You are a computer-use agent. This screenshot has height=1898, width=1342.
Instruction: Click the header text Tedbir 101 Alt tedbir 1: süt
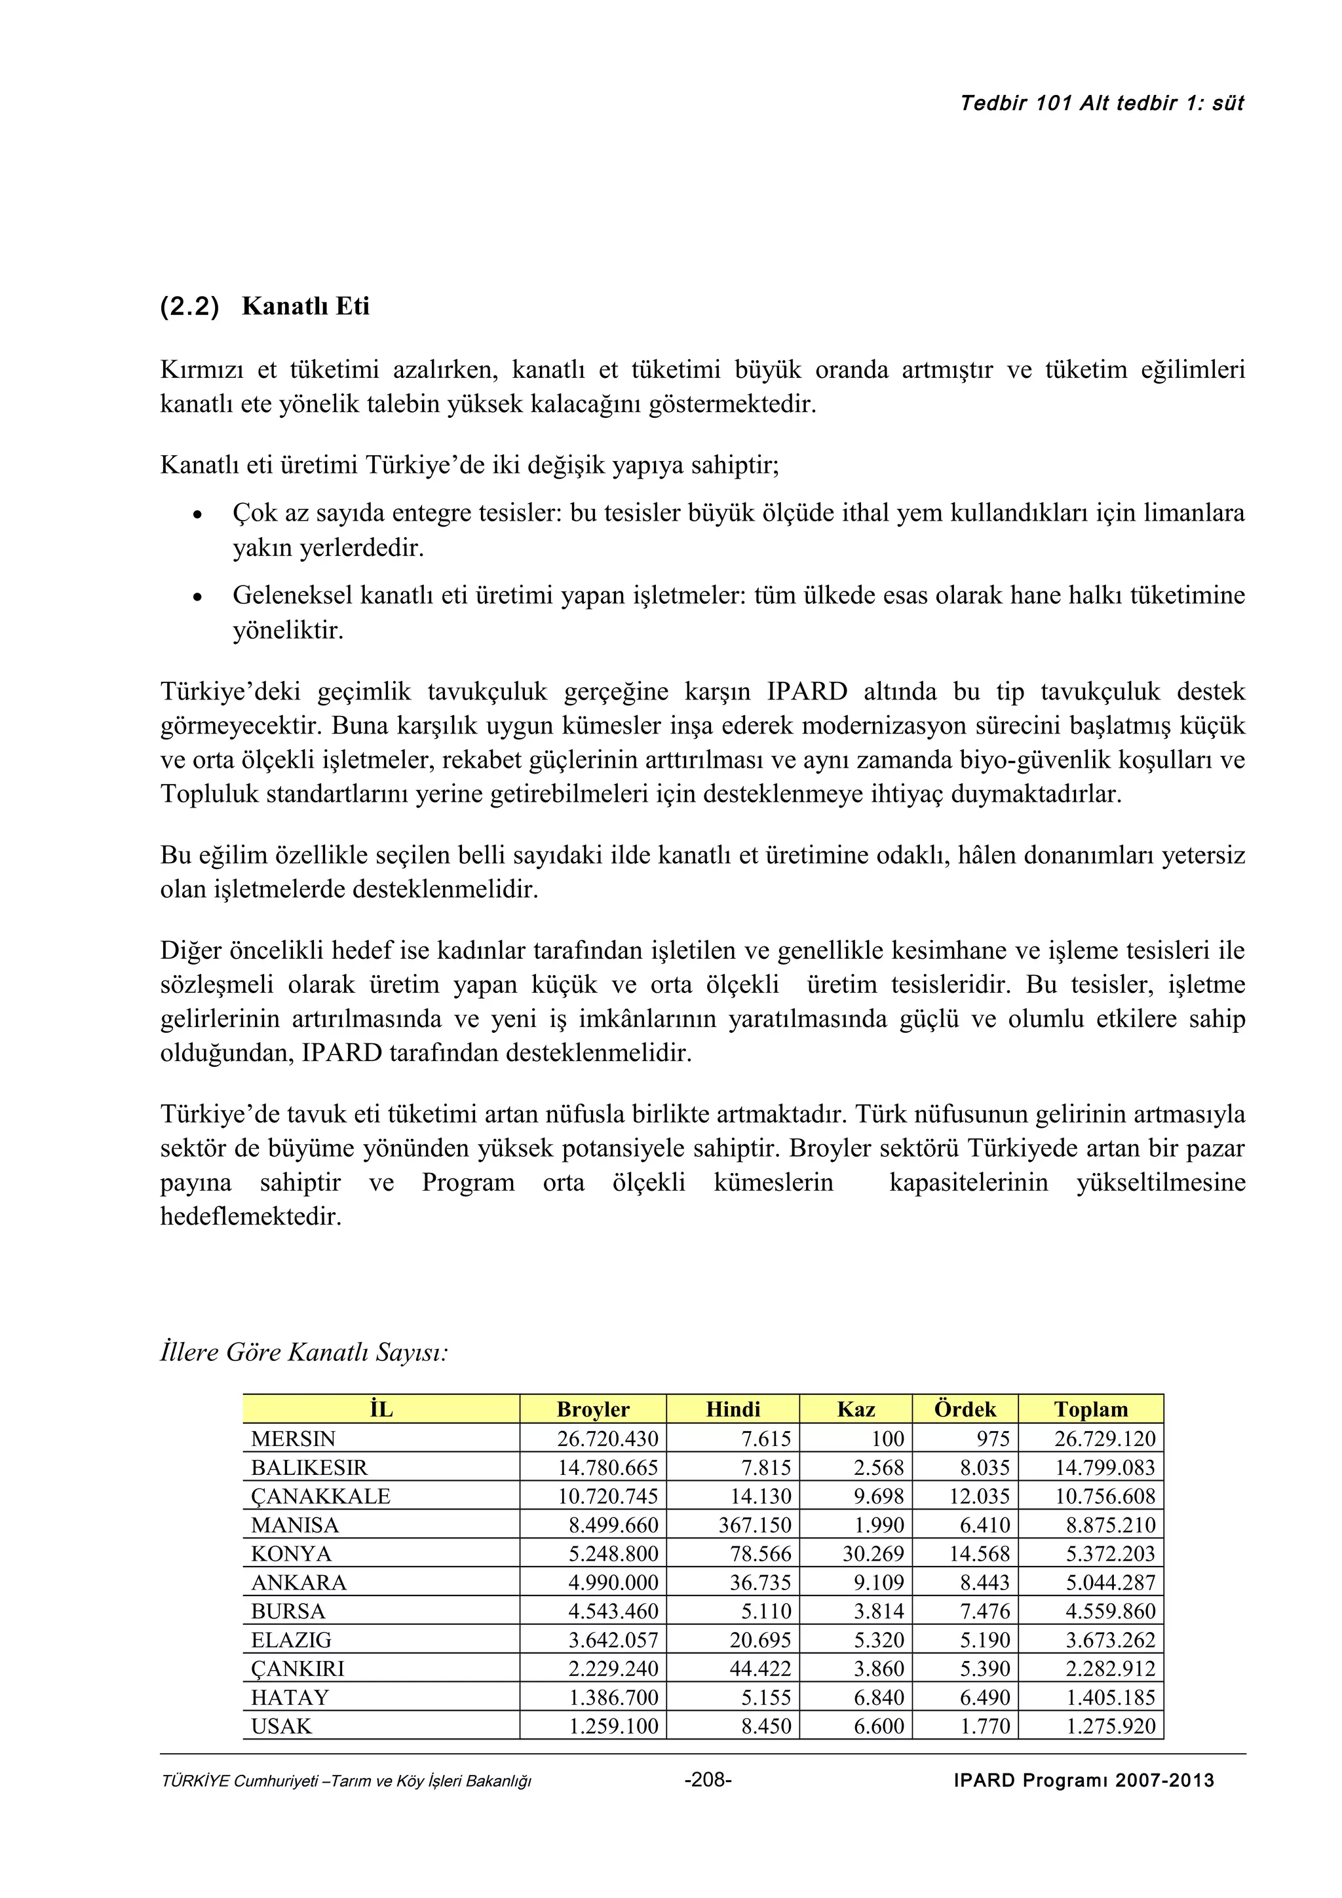(x=1102, y=103)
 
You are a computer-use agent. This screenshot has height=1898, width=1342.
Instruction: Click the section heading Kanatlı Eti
(x=305, y=307)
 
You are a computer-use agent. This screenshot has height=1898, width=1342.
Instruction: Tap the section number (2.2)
(x=190, y=307)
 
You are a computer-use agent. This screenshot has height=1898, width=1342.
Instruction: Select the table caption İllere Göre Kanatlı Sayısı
(x=303, y=1352)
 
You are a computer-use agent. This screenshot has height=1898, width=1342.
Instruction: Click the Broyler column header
(x=593, y=1409)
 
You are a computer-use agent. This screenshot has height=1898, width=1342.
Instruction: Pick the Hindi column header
(x=733, y=1409)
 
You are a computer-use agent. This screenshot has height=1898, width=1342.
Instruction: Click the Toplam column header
(x=1090, y=1409)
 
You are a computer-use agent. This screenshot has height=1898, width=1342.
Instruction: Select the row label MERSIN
(x=294, y=1439)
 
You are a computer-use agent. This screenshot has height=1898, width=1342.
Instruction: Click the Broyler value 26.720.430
(x=607, y=1439)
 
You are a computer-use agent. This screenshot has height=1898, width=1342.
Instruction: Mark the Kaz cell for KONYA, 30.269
(x=873, y=1554)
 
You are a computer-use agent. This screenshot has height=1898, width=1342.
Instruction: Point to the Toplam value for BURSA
(x=1109, y=1611)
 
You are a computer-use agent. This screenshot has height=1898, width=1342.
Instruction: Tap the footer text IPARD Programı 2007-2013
(x=1083, y=1781)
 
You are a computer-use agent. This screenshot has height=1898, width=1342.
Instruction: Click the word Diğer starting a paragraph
(x=191, y=951)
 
